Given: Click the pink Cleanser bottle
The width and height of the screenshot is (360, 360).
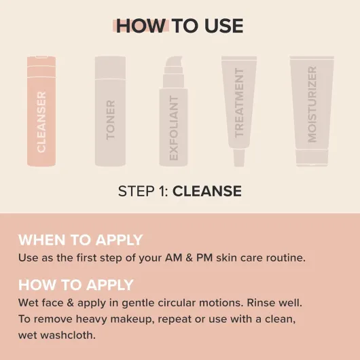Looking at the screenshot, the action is [41, 111].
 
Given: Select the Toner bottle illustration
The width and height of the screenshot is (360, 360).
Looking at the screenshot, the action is [110, 111].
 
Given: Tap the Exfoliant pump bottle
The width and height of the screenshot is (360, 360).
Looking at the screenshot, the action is [174, 111].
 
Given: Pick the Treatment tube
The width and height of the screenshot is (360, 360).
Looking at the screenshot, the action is [239, 111].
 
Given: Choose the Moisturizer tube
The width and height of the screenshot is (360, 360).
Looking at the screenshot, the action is [312, 111].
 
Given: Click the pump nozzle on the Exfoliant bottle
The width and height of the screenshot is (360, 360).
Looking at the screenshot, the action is [174, 62].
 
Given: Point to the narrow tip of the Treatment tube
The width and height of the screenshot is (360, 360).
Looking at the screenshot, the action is [239, 158].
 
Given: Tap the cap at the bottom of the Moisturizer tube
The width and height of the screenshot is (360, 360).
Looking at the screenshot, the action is [312, 158].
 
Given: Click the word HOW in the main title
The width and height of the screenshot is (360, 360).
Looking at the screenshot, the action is [141, 26].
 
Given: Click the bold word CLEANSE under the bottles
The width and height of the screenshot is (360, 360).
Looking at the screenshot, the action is [207, 191].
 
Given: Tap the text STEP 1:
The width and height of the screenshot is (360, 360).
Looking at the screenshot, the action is [143, 191].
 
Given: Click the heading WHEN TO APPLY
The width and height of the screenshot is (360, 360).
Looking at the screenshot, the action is [81, 240].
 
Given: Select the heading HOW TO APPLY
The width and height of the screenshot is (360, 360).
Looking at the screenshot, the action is [76, 285].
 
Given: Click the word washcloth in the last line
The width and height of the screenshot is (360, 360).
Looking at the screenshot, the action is [68, 335].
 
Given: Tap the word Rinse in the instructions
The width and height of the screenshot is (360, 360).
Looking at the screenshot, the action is [261, 303].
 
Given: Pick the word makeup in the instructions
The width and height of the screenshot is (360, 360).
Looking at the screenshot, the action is [132, 319].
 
